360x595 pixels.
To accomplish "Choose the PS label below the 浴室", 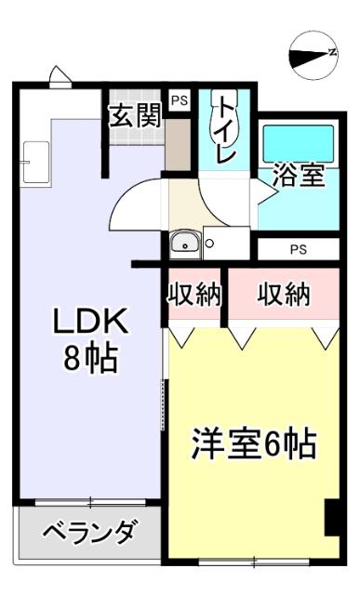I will click(x=298, y=249).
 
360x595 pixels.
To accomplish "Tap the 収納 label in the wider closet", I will click(x=283, y=296).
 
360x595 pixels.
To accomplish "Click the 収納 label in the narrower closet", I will click(x=194, y=296).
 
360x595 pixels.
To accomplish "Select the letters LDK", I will click(x=89, y=322).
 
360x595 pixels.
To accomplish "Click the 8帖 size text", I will click(x=90, y=360).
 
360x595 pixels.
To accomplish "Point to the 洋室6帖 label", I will click(x=254, y=444).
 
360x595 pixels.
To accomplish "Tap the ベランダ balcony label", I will click(x=89, y=534).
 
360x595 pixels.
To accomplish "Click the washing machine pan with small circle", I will click(x=225, y=244).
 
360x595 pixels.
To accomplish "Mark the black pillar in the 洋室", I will click(x=331, y=518).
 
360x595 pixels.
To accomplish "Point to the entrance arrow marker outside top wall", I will click(x=60, y=78).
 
